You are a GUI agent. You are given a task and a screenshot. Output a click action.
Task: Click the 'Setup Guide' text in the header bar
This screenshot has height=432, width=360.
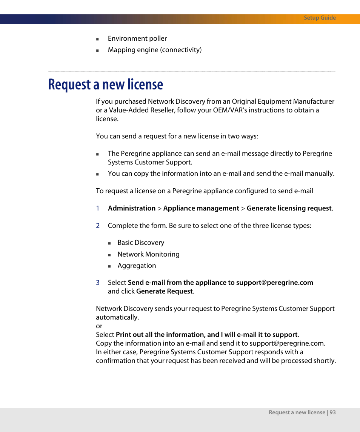(x=320, y=18)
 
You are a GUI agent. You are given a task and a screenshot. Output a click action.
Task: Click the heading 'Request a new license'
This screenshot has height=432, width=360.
(x=106, y=85)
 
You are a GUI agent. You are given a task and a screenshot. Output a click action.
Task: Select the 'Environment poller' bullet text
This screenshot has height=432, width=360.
(x=137, y=38)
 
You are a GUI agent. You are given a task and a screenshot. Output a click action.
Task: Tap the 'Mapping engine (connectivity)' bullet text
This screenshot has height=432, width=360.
(x=154, y=50)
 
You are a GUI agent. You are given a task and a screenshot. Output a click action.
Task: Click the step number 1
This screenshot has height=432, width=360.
(x=97, y=208)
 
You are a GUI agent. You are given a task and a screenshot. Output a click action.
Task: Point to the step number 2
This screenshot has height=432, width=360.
(x=98, y=226)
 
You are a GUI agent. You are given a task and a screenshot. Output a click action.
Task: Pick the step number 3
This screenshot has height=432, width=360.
(x=98, y=283)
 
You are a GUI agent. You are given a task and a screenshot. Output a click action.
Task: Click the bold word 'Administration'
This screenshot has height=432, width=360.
(x=131, y=208)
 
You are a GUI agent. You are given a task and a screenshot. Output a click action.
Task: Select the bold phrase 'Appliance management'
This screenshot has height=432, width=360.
(x=201, y=208)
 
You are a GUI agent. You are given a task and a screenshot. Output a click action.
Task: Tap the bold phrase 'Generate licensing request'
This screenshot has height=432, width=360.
(x=289, y=208)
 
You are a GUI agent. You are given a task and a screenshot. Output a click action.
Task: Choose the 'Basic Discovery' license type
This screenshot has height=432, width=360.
(x=141, y=243)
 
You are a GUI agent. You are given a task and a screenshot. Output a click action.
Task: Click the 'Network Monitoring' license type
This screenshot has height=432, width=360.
(x=148, y=254)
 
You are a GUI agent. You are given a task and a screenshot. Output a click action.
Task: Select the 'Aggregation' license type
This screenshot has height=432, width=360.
(x=137, y=266)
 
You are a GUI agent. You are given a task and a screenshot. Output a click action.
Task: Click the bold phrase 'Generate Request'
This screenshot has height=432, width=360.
(x=165, y=291)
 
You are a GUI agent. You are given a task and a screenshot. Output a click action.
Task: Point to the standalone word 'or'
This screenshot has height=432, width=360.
(x=99, y=326)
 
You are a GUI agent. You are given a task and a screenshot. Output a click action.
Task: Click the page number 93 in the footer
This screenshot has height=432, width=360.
(x=332, y=412)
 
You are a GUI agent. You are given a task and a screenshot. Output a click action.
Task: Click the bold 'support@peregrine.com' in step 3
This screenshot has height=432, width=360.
(x=274, y=283)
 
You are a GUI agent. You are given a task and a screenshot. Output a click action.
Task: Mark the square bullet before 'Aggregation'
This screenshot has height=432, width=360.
(x=109, y=266)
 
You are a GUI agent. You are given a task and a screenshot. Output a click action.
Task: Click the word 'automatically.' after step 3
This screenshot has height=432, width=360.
(x=117, y=317)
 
